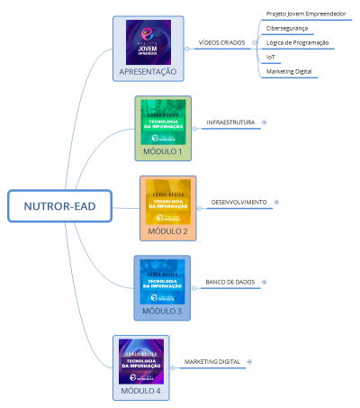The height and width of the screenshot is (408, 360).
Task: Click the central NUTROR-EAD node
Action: click(58, 207)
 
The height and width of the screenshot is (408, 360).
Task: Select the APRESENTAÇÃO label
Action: click(148, 71)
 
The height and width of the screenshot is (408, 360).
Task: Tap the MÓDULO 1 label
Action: click(162, 151)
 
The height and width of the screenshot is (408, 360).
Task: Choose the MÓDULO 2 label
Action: click(167, 231)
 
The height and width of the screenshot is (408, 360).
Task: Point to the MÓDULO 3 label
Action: click(161, 311)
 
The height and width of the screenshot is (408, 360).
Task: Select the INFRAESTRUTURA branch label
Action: click(230, 122)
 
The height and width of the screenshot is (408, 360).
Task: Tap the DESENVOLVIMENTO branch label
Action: click(238, 202)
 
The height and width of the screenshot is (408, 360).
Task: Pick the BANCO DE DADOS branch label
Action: click(229, 282)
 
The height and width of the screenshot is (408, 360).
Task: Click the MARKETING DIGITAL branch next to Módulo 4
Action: click(211, 361)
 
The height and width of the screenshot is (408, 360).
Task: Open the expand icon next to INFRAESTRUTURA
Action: click(265, 122)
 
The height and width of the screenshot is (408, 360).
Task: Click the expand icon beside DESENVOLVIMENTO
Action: click(276, 202)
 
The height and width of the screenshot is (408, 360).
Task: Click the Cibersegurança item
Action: click(287, 29)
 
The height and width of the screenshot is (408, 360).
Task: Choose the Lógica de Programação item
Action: click(297, 42)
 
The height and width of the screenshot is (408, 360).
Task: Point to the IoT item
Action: click(271, 57)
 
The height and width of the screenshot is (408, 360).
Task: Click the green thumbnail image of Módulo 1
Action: click(162, 124)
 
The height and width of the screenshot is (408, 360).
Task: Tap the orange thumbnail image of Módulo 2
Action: click(167, 204)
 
